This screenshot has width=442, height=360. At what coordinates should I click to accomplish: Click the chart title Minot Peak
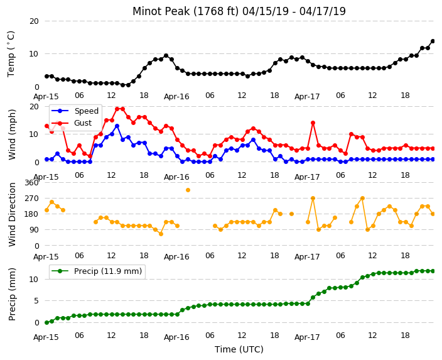(161, 11)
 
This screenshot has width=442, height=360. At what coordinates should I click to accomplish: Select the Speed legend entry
(75, 111)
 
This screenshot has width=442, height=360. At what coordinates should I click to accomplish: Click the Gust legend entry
(72, 123)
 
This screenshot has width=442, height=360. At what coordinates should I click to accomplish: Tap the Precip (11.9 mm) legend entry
(97, 271)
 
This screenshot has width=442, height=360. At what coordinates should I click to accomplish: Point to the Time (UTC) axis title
(239, 349)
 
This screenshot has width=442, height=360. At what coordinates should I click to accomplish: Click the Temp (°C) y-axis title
(11, 54)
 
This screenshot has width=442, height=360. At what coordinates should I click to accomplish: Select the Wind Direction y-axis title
(12, 214)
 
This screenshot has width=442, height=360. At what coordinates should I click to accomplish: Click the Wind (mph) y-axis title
(12, 134)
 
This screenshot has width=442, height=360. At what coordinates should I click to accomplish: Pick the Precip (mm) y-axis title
(11, 294)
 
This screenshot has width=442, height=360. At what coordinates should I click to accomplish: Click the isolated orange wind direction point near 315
(188, 190)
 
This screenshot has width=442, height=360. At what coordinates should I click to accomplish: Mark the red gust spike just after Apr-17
(313, 123)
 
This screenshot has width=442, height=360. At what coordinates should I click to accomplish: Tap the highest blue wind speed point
(117, 126)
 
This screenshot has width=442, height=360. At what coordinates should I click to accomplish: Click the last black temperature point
(433, 41)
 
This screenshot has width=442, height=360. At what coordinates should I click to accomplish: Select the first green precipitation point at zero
(47, 322)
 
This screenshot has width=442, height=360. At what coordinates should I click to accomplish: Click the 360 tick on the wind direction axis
(31, 183)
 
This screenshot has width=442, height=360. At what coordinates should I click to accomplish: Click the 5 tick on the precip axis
(36, 301)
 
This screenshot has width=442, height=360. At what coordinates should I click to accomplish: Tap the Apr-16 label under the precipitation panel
(176, 337)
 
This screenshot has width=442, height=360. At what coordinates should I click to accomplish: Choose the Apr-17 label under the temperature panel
(307, 97)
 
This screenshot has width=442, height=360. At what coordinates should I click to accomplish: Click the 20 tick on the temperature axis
(34, 21)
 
